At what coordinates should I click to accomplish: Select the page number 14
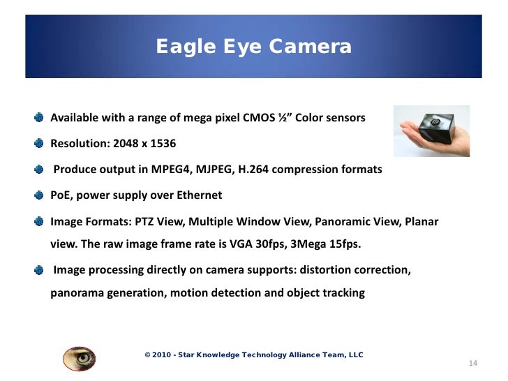coord(472,364)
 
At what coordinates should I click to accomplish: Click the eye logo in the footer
coord(79,357)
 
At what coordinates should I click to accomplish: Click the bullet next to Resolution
coord(40,144)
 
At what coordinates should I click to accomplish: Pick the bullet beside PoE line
coord(40,195)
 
